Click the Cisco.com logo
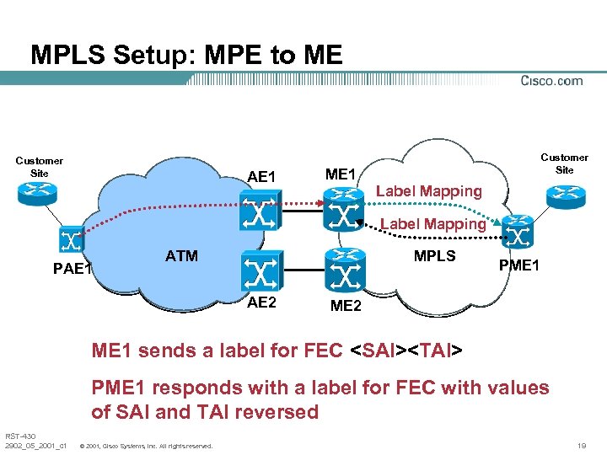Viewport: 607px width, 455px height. tap(551, 81)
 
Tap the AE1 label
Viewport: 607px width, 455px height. tap(262, 177)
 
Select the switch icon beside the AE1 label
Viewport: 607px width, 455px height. tap(258, 210)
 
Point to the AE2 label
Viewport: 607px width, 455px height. tap(261, 303)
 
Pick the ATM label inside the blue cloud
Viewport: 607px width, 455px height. tap(181, 256)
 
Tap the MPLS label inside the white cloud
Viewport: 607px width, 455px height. tap(434, 256)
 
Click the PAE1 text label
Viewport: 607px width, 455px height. tap(73, 270)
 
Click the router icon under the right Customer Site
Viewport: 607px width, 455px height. tap(564, 193)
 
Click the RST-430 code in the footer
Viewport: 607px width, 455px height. tap(19, 436)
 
